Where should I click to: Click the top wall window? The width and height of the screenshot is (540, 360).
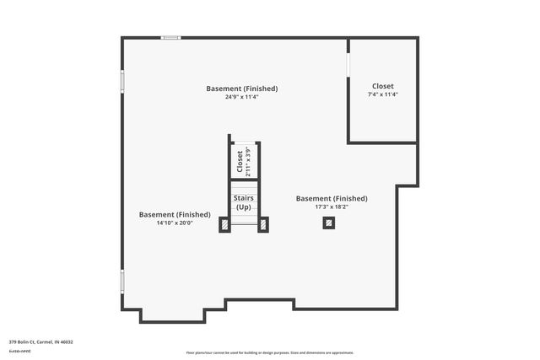pos(171,37)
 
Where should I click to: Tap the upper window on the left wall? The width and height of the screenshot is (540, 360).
pos(122,81)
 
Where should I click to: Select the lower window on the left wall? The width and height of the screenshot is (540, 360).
pos(122,281)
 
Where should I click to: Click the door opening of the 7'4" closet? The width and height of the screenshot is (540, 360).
pos(348,65)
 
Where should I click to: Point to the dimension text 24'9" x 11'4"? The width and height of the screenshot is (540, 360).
pos(241,97)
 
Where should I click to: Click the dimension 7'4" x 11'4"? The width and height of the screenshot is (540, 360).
pos(382,94)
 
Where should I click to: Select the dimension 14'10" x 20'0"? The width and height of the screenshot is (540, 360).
pos(175,223)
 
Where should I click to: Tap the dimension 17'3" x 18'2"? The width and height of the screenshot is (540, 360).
pos(332,207)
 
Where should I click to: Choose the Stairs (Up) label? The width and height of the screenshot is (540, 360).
pos(244,202)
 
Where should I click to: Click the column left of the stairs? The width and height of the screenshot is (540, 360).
pos(224,223)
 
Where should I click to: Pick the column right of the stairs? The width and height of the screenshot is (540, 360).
pos(263,223)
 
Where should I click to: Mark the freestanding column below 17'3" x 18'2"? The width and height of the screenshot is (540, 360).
pos(329,223)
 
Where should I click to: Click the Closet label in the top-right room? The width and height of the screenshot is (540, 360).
pos(382,86)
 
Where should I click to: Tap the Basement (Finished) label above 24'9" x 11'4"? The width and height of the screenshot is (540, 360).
pos(242,89)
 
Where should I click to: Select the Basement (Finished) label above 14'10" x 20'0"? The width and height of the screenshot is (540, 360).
pos(175,214)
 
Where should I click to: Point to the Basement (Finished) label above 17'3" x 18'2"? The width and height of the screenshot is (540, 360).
pos(332,198)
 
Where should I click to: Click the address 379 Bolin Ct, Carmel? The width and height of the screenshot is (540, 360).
pos(41,341)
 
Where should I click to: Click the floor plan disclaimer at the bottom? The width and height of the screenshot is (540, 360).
pos(270,352)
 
